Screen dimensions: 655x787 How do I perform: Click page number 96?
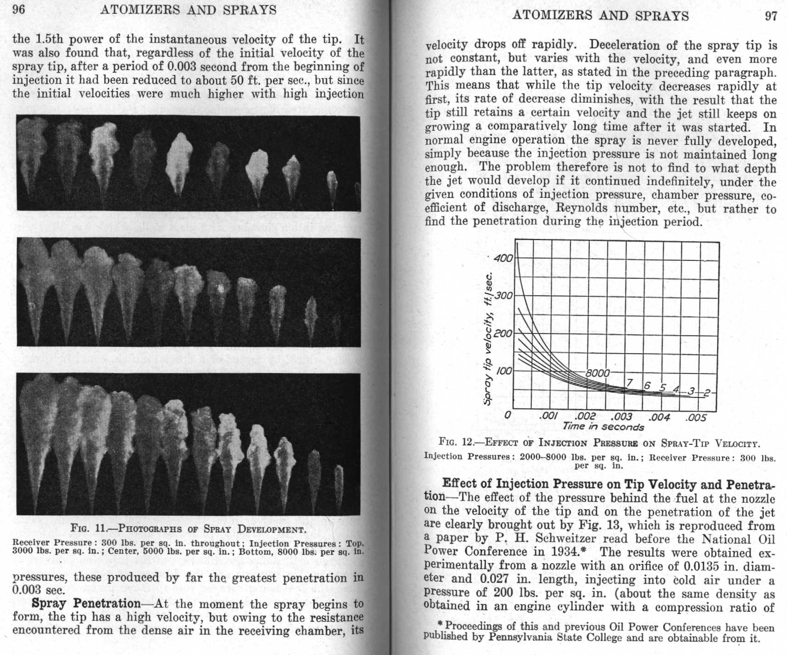(18, 9)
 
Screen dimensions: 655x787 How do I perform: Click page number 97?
(770, 16)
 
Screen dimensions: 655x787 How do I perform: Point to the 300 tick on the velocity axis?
(504, 295)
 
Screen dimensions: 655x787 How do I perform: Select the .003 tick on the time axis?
(621, 417)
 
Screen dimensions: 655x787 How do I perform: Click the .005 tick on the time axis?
(696, 418)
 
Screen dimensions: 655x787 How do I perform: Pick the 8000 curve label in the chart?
(597, 373)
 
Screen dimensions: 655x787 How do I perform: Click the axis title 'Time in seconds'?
(603, 427)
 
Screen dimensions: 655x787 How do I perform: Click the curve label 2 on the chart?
(707, 393)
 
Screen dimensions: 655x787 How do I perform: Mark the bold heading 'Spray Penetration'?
(86, 603)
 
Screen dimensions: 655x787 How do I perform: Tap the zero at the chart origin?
(508, 415)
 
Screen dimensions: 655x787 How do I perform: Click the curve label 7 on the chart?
(629, 383)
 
